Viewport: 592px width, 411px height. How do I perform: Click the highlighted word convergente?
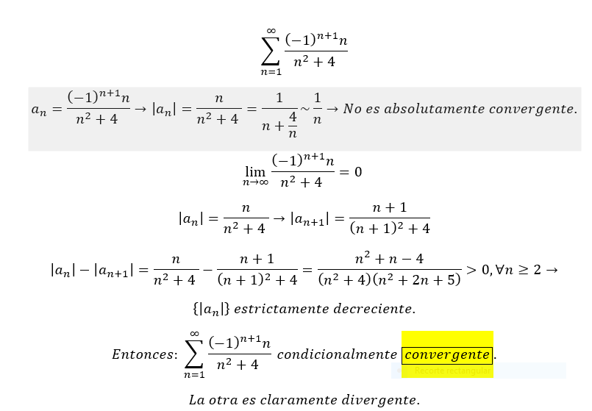click(x=447, y=354)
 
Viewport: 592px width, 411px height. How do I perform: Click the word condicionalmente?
click(x=337, y=354)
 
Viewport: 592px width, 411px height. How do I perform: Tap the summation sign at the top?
click(x=271, y=51)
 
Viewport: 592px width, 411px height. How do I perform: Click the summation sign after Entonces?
click(x=194, y=354)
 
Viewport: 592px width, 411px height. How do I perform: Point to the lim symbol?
click(x=255, y=170)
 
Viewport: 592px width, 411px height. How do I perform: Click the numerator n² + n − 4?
click(x=388, y=258)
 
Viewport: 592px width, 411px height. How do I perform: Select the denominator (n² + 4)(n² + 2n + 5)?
click(x=389, y=280)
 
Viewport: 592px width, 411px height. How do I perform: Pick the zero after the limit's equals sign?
click(x=358, y=172)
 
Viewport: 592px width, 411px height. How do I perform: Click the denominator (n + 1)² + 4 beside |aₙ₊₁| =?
click(x=389, y=229)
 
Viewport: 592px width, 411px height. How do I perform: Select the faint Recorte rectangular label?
click(x=443, y=371)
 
